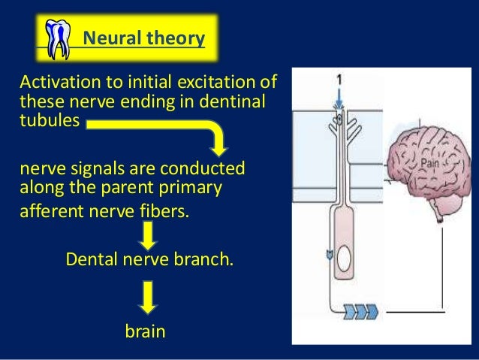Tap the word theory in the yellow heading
(x=174, y=37)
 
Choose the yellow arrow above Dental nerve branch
(x=148, y=235)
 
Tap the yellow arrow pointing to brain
(x=148, y=297)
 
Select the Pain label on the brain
(x=429, y=162)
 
